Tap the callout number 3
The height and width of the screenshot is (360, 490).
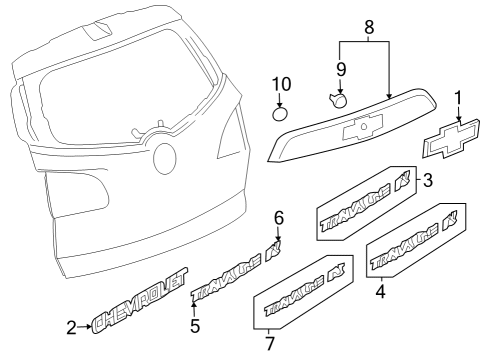coord(427,181)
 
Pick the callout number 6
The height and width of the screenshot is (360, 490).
coord(279,218)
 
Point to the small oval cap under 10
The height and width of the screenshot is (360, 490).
coord(281,112)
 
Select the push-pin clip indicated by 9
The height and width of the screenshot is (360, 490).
coord(338,100)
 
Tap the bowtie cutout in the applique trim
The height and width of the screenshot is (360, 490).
coord(359,129)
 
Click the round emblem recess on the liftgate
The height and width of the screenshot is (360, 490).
coord(164,158)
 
